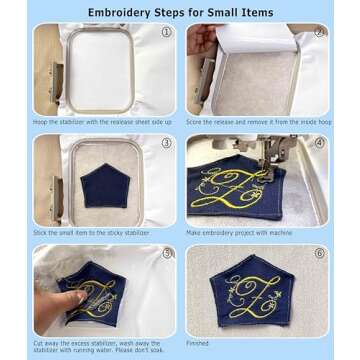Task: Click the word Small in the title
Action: (x=224, y=13)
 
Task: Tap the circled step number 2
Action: (x=319, y=32)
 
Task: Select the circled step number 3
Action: (x=167, y=143)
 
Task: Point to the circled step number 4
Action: (x=319, y=143)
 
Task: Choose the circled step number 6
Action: (x=319, y=254)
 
